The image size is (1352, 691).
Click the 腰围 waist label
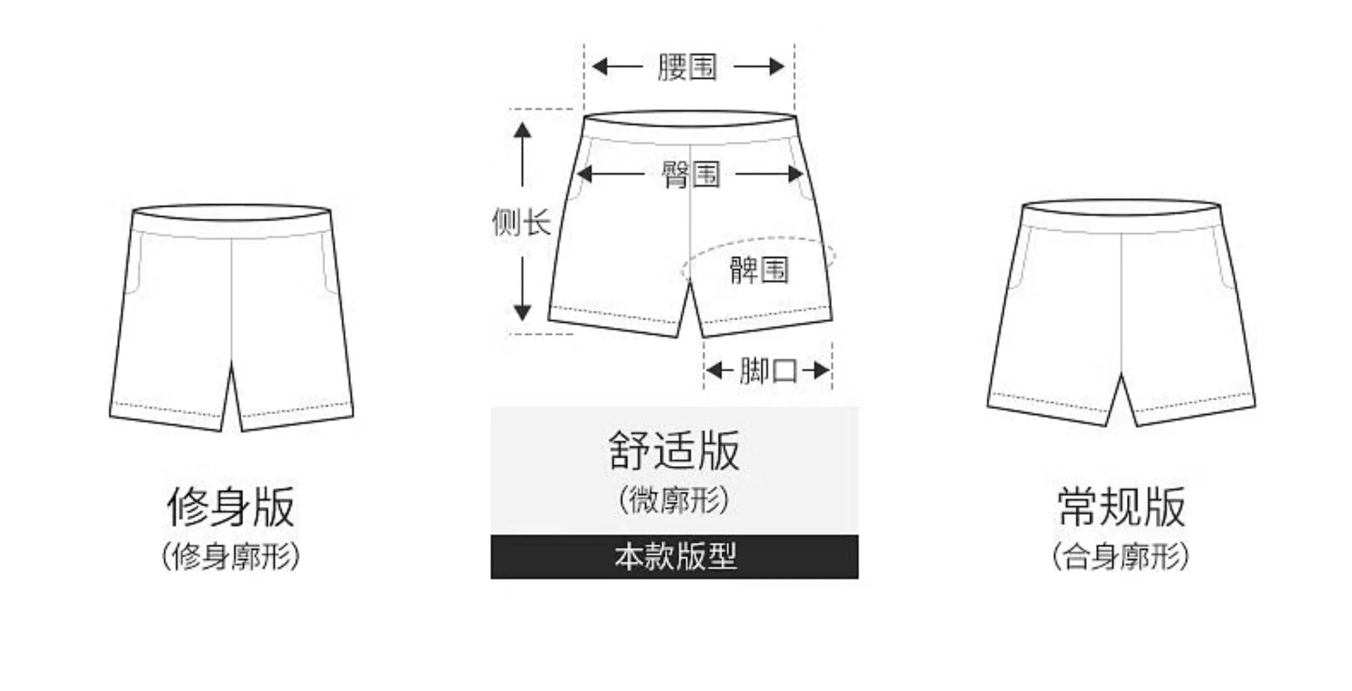coord(687,67)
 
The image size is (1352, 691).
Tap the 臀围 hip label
coord(690,174)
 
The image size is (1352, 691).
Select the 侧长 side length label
coord(521,222)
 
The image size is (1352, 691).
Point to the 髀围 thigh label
coord(759,270)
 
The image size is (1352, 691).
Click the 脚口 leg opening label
coord(768,371)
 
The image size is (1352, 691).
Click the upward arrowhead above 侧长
coord(522,131)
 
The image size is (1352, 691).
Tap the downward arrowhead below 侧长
coord(522,312)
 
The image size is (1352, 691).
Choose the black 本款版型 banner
coord(674,556)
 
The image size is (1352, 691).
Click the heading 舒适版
coord(674,450)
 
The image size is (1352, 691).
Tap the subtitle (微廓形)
coord(674,499)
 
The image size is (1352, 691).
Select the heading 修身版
coord(231,507)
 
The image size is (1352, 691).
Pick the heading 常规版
coord(1121,507)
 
